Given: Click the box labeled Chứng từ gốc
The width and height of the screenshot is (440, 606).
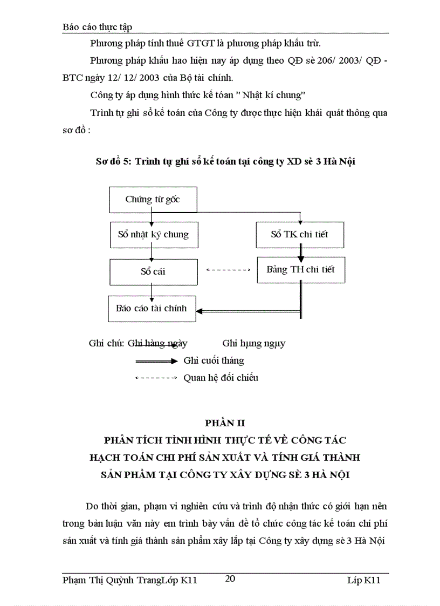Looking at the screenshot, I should [153, 200].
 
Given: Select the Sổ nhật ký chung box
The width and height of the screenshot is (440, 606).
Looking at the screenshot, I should [153, 235].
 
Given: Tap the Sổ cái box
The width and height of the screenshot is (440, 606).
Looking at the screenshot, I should [153, 271].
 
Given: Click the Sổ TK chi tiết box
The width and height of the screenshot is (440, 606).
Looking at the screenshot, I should [299, 235].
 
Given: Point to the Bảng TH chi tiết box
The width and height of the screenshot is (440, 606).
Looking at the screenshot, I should [300, 270].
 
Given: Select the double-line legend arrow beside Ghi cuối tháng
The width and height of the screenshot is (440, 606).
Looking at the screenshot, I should [156, 361].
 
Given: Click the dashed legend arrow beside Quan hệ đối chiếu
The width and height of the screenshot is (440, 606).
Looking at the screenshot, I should [156, 378].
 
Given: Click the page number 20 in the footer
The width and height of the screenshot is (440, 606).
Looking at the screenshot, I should [229, 578].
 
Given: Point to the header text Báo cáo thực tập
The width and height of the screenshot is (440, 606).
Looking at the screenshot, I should [98, 27].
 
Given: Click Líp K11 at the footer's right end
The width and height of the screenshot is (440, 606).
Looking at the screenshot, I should [365, 580].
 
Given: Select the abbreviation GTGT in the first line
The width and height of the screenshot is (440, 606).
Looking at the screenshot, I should [203, 43].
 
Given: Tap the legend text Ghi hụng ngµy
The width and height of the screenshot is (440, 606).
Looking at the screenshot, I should [253, 343].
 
